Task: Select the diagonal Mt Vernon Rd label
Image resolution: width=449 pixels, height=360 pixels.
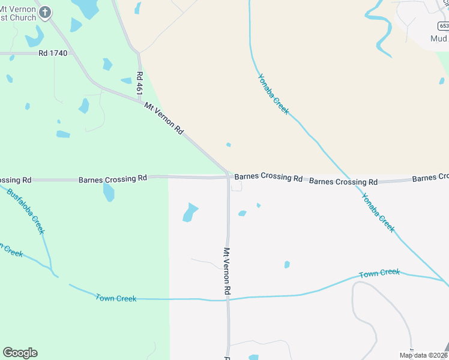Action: click(164, 117)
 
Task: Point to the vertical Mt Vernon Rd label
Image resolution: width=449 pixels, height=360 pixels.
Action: click(228, 271)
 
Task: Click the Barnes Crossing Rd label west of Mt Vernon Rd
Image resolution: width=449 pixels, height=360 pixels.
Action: click(113, 179)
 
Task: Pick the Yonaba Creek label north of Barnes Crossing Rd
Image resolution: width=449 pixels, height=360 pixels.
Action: click(273, 94)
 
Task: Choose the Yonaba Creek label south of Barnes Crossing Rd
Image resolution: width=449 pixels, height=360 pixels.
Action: click(378, 212)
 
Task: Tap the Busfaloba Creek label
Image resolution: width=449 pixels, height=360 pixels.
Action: click(26, 210)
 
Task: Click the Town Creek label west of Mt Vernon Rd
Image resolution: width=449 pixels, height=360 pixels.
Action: click(116, 298)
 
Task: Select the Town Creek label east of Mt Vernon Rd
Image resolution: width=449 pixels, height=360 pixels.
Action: click(379, 274)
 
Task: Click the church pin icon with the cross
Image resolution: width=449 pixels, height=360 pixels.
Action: click(45, 11)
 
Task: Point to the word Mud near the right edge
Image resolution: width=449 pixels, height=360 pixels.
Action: click(439, 38)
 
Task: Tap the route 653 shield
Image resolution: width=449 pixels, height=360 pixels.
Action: click(443, 26)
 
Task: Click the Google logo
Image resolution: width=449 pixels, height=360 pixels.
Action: click(20, 353)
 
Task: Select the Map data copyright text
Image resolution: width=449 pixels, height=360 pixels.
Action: click(423, 355)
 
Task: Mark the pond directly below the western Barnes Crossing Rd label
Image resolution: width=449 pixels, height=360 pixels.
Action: click(109, 193)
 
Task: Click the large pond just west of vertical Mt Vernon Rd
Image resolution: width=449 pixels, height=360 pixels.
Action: click(190, 212)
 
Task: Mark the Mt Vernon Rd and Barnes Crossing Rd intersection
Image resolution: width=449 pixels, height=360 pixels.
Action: click(229, 176)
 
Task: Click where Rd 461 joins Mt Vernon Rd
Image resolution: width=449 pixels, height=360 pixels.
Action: click(140, 100)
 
